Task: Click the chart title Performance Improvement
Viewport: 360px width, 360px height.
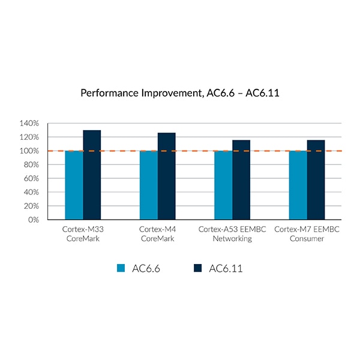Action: coord(180,94)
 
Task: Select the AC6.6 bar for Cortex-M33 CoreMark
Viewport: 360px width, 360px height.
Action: coord(74,185)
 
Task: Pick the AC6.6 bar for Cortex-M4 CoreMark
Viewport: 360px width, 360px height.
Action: coord(148,185)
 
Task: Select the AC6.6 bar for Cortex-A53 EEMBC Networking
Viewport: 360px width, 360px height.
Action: coord(223,185)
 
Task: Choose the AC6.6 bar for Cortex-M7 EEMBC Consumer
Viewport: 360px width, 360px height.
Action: coord(298,185)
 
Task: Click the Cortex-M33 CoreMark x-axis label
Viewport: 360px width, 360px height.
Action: coord(83,234)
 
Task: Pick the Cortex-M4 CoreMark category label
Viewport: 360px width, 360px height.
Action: coord(157,234)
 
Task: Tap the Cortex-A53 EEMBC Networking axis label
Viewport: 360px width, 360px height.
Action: coord(232,234)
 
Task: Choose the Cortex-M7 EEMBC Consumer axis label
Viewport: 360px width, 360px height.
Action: coord(307,234)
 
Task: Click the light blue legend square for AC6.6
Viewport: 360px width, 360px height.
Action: coord(121,268)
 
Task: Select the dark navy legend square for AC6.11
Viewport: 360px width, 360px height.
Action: coord(197,268)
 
